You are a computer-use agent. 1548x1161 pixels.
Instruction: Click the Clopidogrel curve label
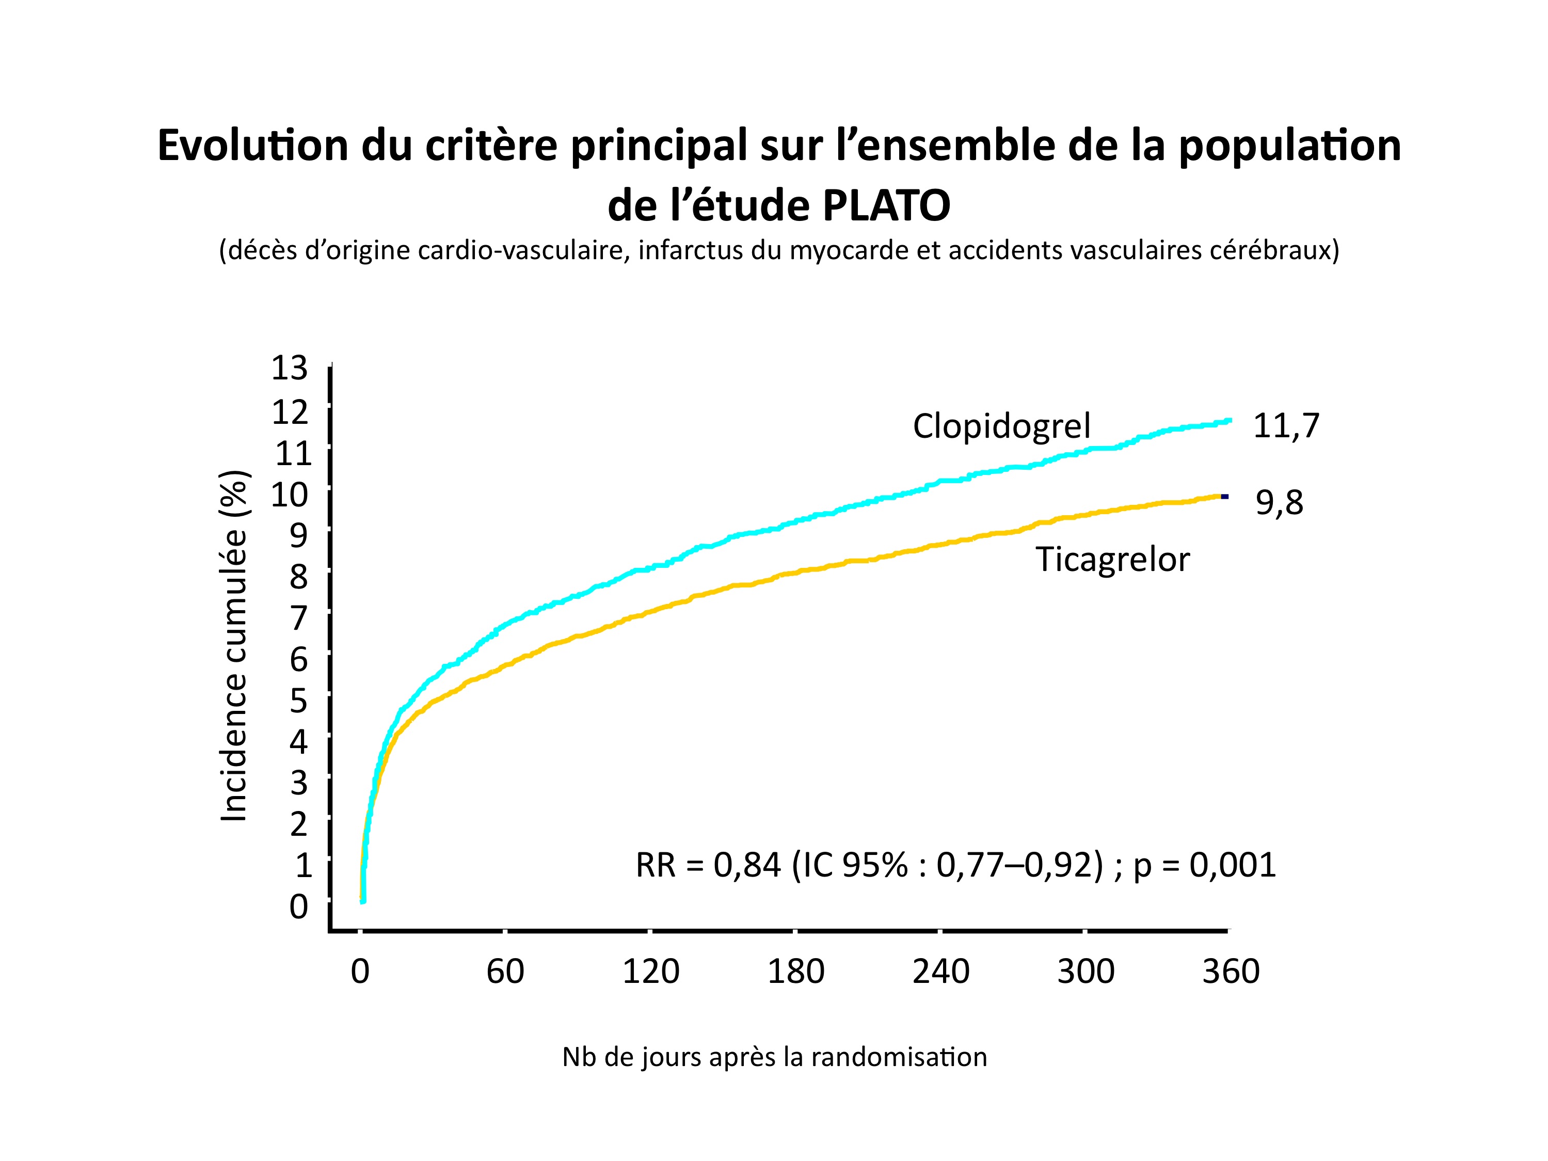1001,426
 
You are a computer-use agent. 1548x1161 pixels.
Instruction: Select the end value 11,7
1286,426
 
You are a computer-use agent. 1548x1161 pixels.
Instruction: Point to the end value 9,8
1279,503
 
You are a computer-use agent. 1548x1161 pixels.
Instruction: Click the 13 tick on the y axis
290,368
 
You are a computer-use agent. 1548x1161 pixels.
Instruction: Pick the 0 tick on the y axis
299,907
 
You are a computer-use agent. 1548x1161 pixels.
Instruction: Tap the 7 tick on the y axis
299,618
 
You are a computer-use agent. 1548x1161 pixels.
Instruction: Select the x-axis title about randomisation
775,1057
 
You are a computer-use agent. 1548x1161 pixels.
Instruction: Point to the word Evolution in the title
252,146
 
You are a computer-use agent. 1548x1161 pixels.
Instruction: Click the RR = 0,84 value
708,866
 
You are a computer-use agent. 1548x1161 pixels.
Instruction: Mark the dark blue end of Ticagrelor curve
1225,497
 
